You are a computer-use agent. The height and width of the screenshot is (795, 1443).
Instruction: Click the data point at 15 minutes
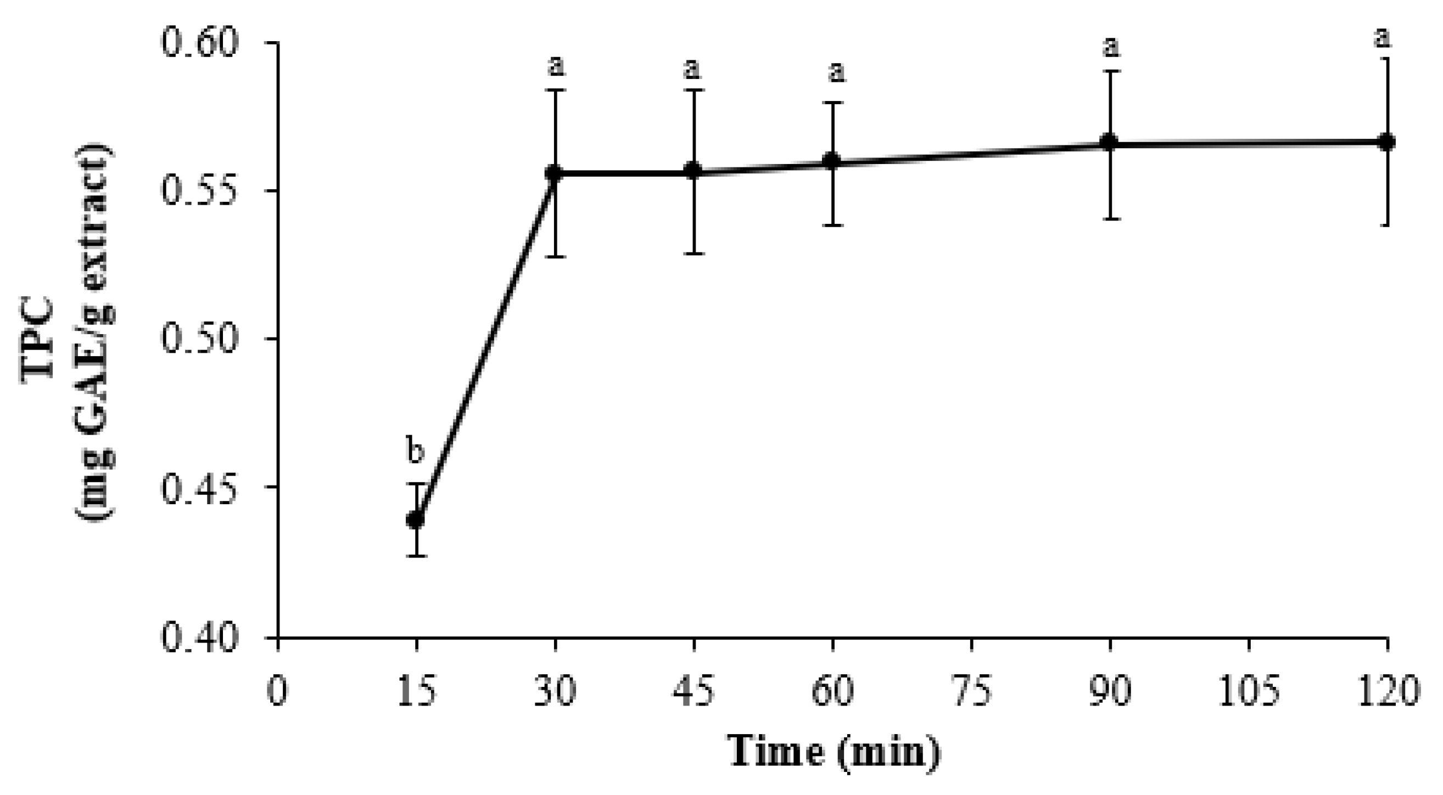pos(416,520)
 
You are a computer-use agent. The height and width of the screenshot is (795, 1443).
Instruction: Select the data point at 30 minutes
pos(555,172)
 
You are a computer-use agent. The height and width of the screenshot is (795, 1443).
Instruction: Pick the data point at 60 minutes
pos(833,161)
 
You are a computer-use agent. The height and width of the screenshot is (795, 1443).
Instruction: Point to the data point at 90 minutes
pos(1110,142)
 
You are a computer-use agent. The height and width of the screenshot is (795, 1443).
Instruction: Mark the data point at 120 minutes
pos(1386,142)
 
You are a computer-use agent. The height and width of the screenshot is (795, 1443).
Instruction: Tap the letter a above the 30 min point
pos(556,66)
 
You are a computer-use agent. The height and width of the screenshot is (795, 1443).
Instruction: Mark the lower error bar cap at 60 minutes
pos(833,225)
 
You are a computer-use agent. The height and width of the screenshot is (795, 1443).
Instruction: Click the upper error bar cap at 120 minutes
pos(1386,58)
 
